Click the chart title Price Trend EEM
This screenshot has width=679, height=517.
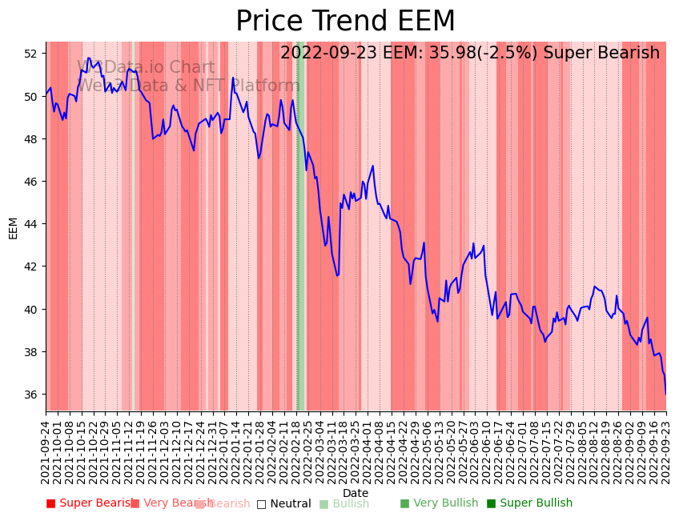[345, 22]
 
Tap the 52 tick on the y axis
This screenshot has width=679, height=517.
[30, 54]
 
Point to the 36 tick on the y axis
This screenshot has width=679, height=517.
[30, 395]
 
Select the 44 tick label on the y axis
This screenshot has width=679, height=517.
[30, 224]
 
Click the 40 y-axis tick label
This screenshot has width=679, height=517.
[30, 310]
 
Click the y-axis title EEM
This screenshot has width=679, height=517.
[14, 227]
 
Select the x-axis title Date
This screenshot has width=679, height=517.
[356, 493]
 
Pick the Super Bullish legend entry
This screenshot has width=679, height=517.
[529, 503]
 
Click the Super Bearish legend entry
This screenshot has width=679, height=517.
[90, 503]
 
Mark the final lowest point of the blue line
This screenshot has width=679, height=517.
[665, 394]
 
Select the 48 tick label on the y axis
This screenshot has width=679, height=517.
[30, 139]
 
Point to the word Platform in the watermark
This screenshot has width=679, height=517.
[265, 86]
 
